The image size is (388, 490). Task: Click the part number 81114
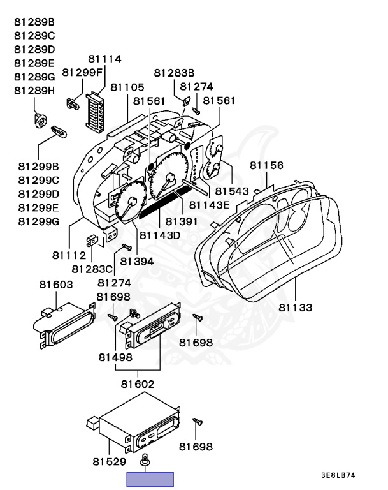[x=104, y=59]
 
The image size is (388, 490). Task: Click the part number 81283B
[x=174, y=73]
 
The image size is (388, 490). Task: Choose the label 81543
[x=231, y=191]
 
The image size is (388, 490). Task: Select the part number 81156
[x=266, y=165]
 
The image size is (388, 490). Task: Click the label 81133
[x=295, y=308]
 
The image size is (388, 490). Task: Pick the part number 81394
[x=137, y=261]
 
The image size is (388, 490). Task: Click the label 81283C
[x=92, y=269]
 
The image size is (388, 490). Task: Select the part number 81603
[x=55, y=285]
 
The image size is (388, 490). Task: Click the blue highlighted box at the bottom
[x=150, y=479]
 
